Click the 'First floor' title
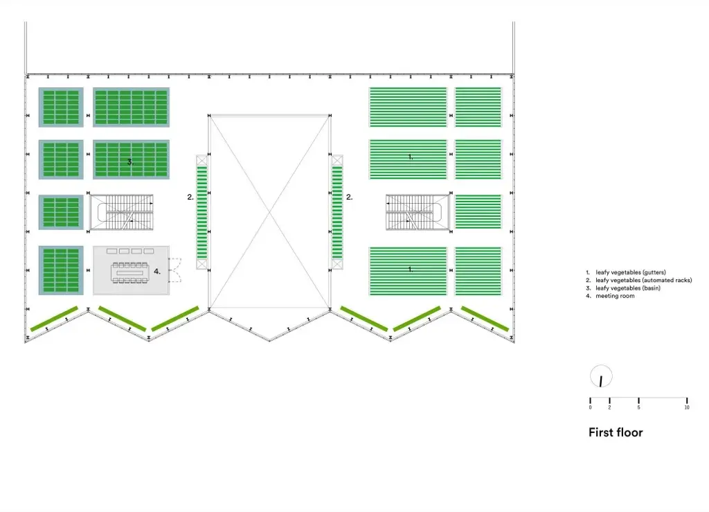pos(616,432)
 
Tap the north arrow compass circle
pos(601,378)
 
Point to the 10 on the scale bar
pos(687,407)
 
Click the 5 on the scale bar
pos(638,407)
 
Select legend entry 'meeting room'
pos(615,296)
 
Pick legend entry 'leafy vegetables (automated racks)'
pos(638,280)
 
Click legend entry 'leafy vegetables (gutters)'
pos(630,272)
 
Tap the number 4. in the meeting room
pos(157,272)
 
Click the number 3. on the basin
pos(129,161)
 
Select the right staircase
pos(418,212)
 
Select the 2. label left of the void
pos(190,197)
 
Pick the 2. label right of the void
pos(350,197)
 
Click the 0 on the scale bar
pos(590,407)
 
